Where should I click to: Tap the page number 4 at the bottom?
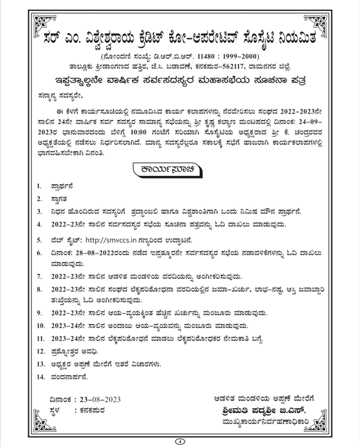click(x=179, y=441)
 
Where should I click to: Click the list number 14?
click(x=40, y=377)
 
